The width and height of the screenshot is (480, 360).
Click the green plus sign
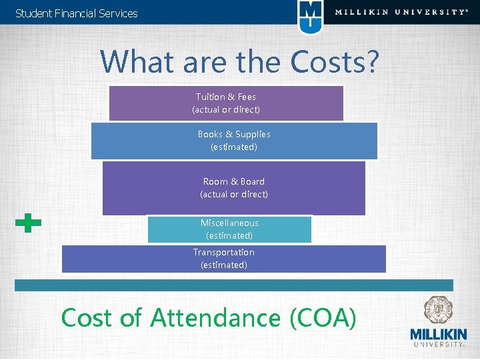(x=28, y=224)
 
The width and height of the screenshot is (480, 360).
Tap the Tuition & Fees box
(x=226, y=103)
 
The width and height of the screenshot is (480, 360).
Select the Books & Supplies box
(x=234, y=141)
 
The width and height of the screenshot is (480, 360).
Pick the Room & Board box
(x=234, y=188)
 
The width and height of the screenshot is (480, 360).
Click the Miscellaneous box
(x=229, y=229)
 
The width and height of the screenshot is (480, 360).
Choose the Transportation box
(x=224, y=259)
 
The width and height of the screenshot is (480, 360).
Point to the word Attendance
(x=215, y=318)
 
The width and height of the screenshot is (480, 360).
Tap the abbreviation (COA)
(x=323, y=318)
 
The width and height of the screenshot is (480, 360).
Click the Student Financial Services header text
(x=76, y=13)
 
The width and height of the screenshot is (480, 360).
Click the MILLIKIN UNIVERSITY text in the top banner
(x=401, y=12)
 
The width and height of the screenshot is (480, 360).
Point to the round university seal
(x=437, y=310)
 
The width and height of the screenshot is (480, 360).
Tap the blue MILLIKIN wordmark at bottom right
(x=438, y=334)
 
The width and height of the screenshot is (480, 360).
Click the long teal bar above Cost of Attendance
(x=234, y=285)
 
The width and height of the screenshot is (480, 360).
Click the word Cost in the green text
(x=87, y=318)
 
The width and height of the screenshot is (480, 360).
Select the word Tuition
(x=209, y=97)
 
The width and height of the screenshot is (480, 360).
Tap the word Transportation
(x=224, y=252)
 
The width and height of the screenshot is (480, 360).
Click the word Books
(x=210, y=134)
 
